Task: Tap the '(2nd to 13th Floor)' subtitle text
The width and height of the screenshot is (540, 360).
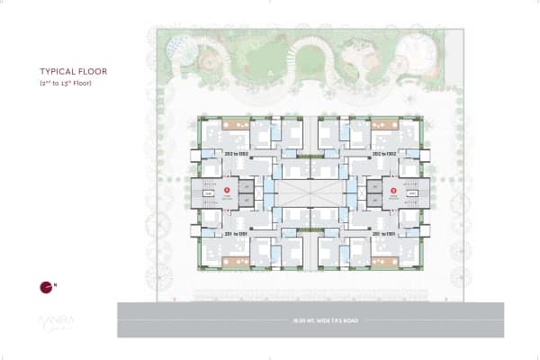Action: (x=66, y=83)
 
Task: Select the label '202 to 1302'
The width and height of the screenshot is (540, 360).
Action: (x=236, y=154)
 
